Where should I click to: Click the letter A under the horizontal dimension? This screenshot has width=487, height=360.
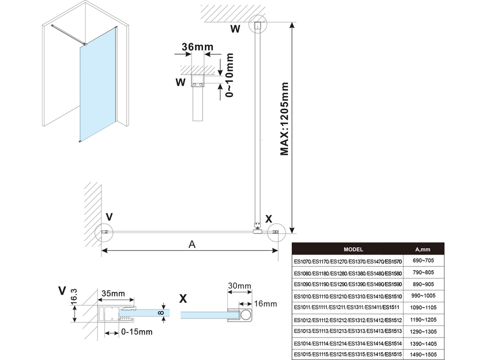192,244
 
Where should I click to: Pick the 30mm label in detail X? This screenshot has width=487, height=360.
240,286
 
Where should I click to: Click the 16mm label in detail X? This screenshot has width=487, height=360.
265,304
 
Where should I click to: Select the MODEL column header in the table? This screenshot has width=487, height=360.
353,250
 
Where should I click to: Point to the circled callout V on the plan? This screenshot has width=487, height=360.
103,231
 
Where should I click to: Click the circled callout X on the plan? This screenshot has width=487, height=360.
276,231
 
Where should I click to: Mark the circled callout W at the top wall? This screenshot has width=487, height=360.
258,25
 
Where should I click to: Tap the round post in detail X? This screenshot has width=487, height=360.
245,314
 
